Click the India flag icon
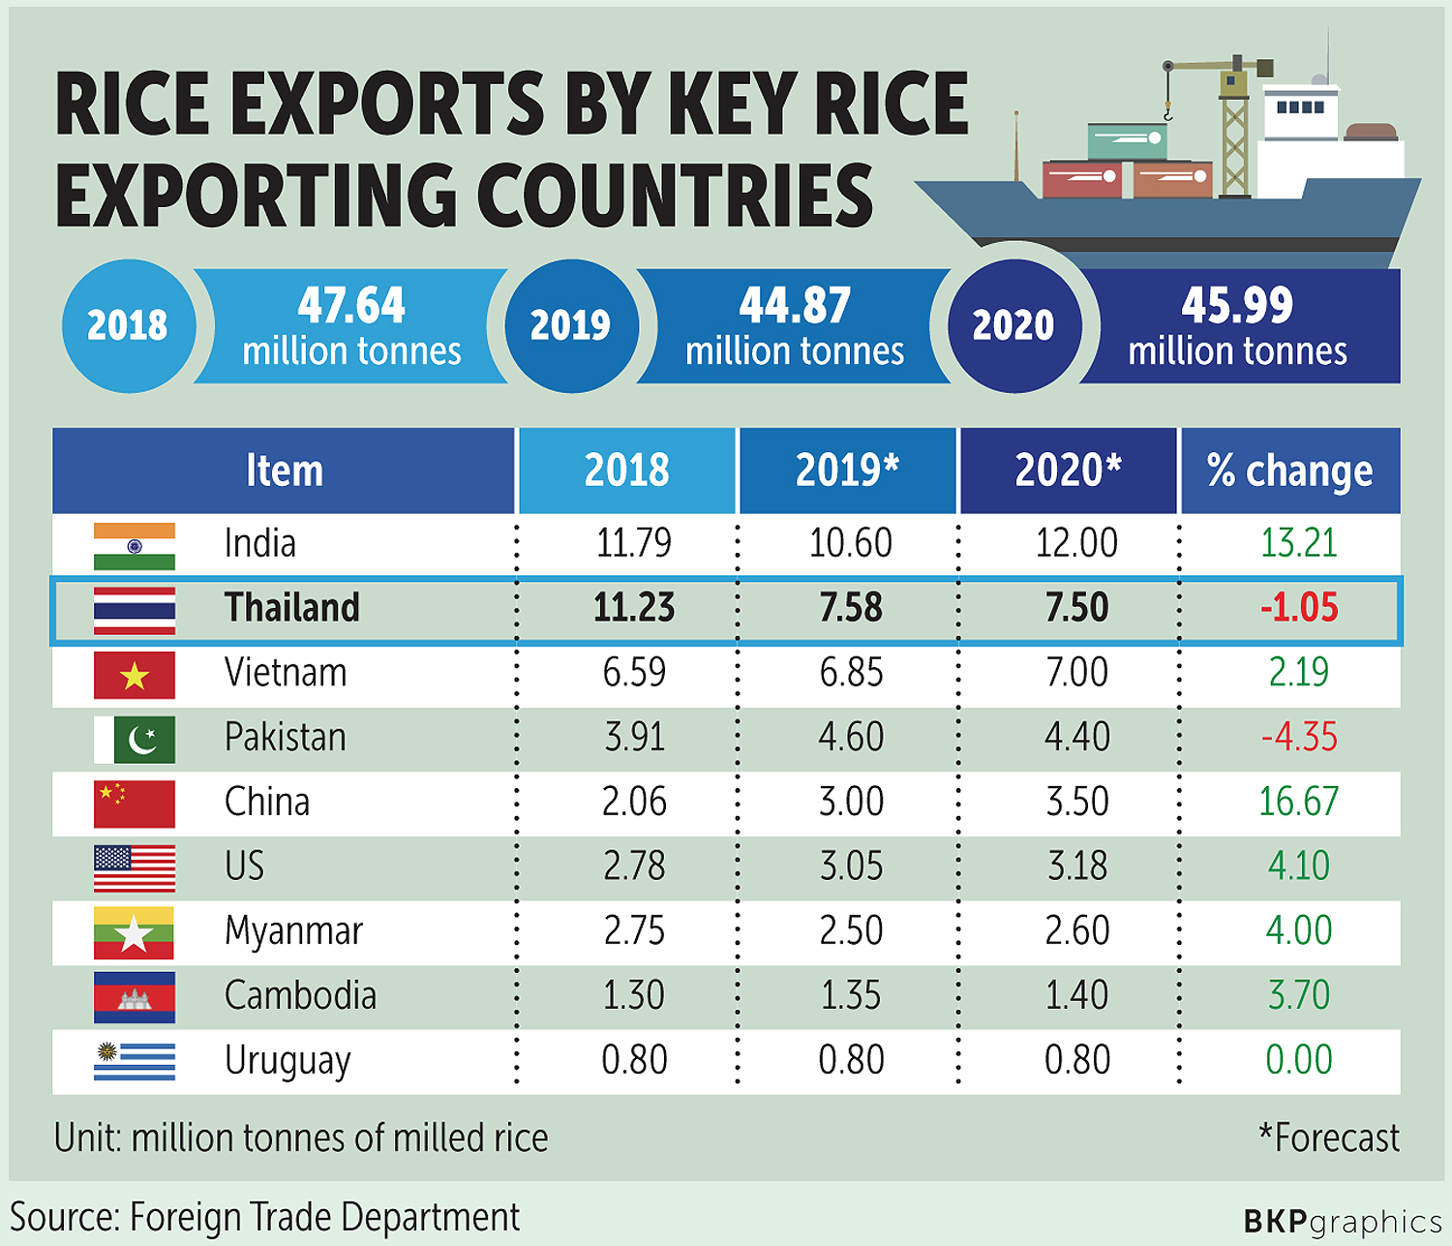pos(135,546)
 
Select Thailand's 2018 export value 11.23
pos(634,608)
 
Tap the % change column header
pos(1289,471)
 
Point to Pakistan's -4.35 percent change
pos(1299,738)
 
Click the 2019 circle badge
pos(571,325)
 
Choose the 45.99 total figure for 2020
pos(1237,306)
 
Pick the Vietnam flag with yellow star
pos(135,675)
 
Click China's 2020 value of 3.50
pos(1076,803)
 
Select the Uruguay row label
pos(287,1061)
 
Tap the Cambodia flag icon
pos(135,997)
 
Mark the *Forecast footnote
pos(1328,1139)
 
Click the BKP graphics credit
pos(1342,1221)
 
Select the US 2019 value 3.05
pos(851,866)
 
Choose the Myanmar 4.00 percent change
pos(1299,931)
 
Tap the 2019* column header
pos(847,471)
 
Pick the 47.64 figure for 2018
pos(351,306)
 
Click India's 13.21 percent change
pos(1299,544)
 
